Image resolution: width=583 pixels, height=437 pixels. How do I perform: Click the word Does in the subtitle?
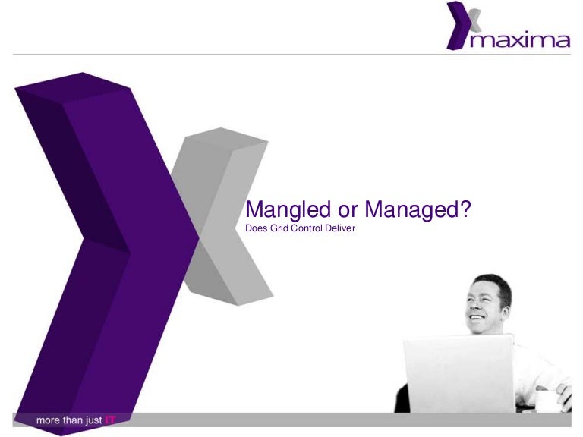pyautogui.click(x=257, y=227)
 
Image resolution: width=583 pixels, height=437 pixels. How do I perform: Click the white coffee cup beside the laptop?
pyautogui.click(x=547, y=398)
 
